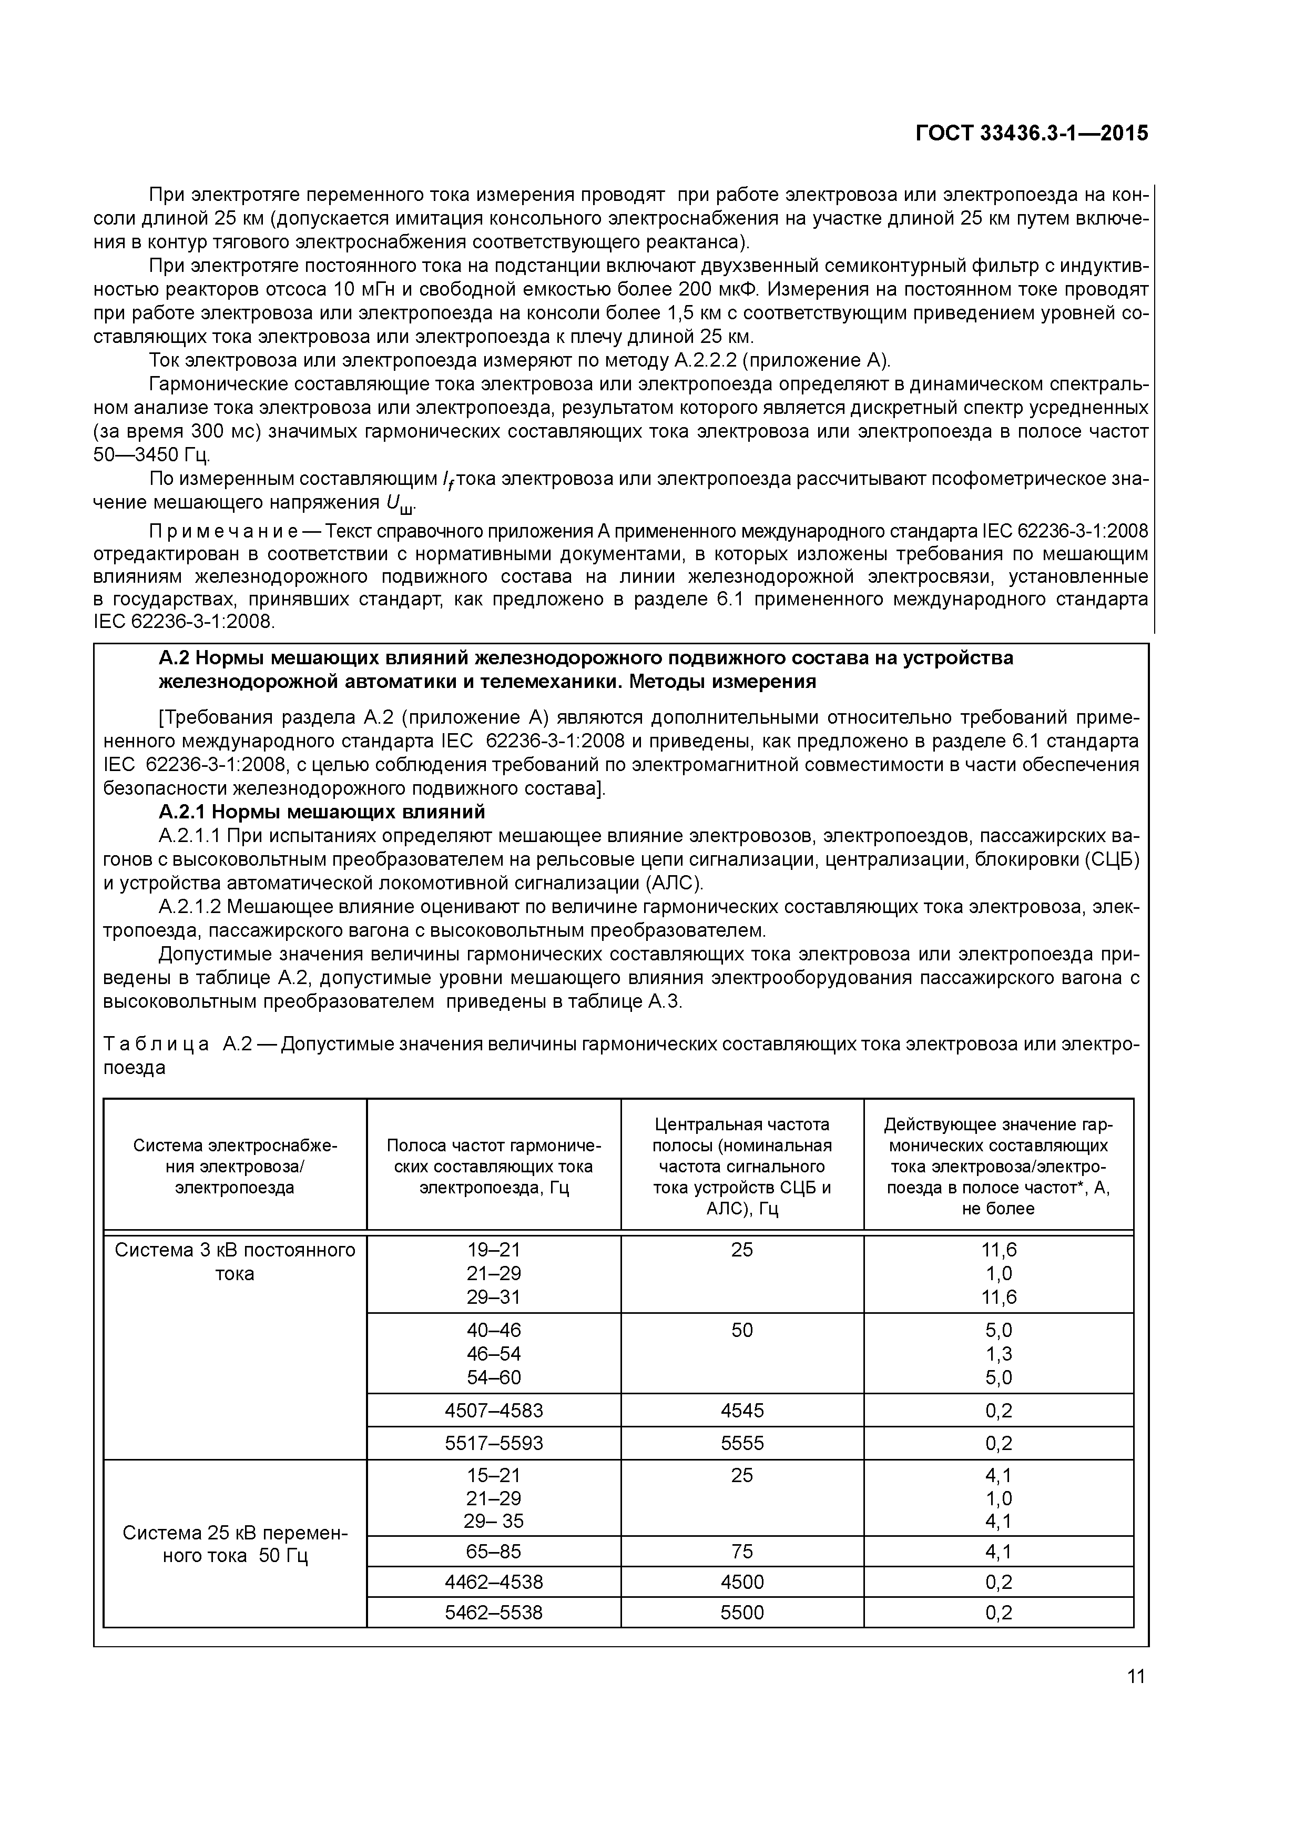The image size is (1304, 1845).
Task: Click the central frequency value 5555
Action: coord(741,1443)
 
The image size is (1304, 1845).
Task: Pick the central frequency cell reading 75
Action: coord(741,1551)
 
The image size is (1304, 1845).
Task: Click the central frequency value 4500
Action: coord(741,1582)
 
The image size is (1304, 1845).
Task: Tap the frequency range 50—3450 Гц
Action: coord(151,455)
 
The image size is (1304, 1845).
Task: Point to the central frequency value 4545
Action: coord(741,1410)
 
